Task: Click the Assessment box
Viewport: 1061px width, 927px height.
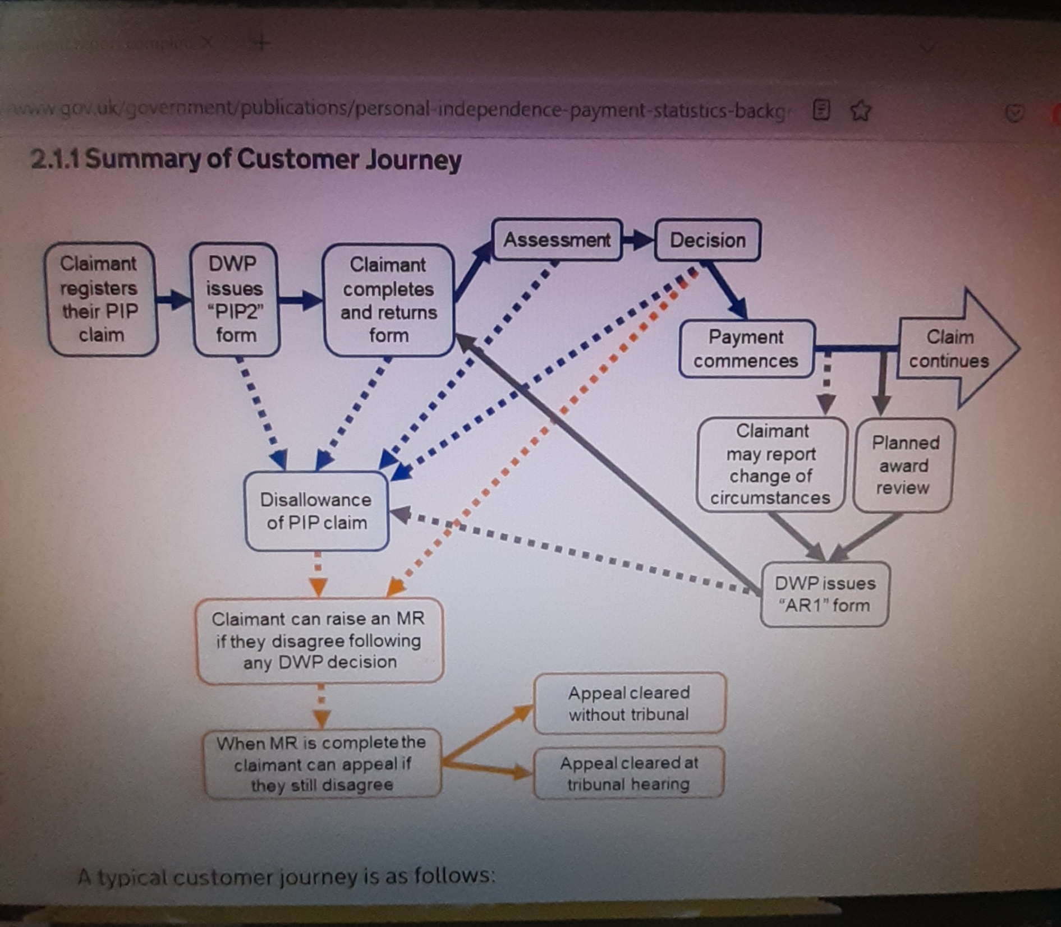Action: pyautogui.click(x=557, y=240)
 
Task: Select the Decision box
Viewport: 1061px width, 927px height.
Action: pyautogui.click(x=708, y=241)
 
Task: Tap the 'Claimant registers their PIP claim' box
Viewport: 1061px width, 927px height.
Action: pyautogui.click(x=100, y=299)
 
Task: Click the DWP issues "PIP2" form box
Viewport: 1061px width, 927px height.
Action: pyautogui.click(x=235, y=299)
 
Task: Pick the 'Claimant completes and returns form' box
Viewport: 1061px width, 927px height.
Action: pyautogui.click(x=388, y=300)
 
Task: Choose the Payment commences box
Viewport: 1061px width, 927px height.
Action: pyautogui.click(x=746, y=349)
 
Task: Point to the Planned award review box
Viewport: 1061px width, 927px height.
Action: pyautogui.click(x=903, y=465)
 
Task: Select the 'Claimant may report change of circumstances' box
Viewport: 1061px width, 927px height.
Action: pyautogui.click(x=771, y=464)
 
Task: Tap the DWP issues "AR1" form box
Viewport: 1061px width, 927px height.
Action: pyautogui.click(x=824, y=594)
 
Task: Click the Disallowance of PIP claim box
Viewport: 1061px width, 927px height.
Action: pyautogui.click(x=316, y=511)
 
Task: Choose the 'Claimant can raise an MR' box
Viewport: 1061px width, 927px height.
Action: pyautogui.click(x=319, y=640)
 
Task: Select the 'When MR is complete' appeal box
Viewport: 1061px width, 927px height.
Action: pyautogui.click(x=322, y=763)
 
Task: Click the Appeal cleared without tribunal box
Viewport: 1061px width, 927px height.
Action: pyautogui.click(x=629, y=704)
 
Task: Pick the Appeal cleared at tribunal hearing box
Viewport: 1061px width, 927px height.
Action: pyautogui.click(x=629, y=773)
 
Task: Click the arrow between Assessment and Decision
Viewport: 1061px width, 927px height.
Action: pyautogui.click(x=639, y=241)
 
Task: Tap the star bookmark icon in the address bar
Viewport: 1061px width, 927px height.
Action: pyautogui.click(x=861, y=110)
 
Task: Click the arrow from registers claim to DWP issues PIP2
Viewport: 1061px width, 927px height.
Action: pyautogui.click(x=174, y=299)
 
